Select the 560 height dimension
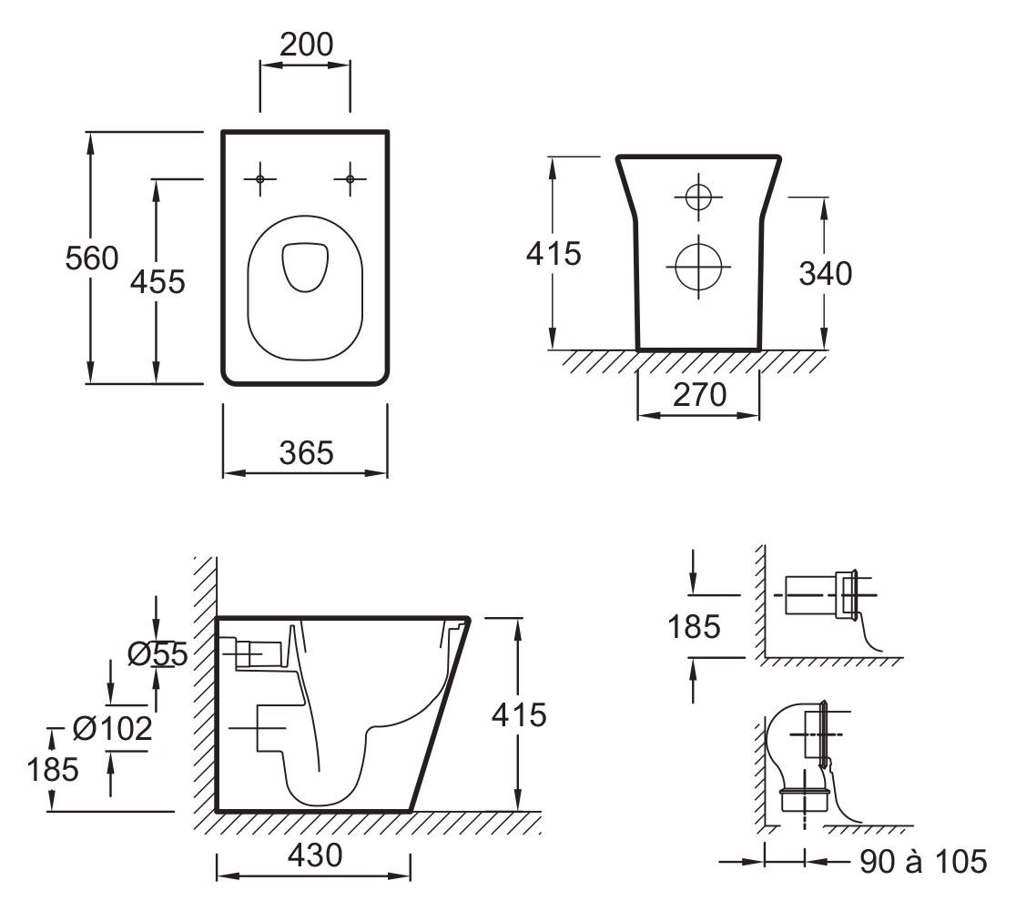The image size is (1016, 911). click(91, 258)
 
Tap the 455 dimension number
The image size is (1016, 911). click(157, 282)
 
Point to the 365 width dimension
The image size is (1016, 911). click(306, 452)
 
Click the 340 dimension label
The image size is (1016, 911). click(825, 273)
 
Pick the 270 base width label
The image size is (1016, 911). click(699, 395)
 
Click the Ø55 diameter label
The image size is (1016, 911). click(157, 653)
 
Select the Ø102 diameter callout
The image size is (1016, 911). click(112, 728)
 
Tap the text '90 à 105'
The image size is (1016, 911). click(922, 861)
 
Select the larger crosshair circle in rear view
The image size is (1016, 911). click(698, 268)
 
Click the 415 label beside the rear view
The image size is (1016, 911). click(553, 254)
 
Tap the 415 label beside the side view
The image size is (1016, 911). click(519, 715)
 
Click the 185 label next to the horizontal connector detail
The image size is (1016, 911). click(693, 626)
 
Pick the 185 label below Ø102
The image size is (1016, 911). click(52, 770)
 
